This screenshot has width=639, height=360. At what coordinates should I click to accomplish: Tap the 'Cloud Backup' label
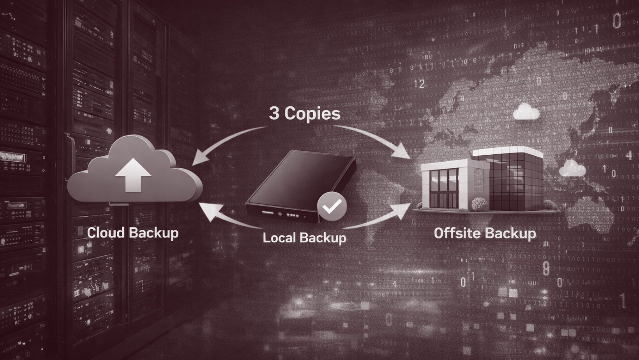(133, 233)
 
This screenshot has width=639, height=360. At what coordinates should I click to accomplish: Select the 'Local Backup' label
(304, 238)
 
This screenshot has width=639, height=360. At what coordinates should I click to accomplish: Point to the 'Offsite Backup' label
(485, 233)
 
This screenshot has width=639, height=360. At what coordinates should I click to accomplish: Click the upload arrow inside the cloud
(133, 175)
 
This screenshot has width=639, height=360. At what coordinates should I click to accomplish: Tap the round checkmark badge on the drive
(332, 206)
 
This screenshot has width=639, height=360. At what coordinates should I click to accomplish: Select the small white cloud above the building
(526, 111)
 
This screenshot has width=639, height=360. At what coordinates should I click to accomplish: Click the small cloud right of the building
(572, 168)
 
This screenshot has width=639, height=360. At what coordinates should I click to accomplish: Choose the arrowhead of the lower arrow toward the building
(402, 211)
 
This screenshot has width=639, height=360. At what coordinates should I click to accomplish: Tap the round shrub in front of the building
(479, 204)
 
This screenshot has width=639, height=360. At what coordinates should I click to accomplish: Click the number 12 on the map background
(419, 84)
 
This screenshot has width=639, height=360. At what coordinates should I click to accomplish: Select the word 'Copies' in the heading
(312, 115)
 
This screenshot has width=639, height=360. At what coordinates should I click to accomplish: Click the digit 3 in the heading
(274, 113)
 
